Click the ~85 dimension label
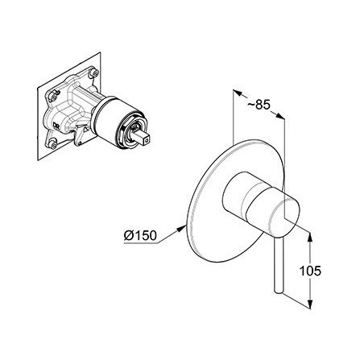259,105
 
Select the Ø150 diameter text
140,236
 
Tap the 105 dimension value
310,271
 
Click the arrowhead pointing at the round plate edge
181,229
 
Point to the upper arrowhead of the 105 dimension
310,238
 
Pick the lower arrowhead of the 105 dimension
310,304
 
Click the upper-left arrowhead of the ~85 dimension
238,93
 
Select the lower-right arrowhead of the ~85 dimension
279,116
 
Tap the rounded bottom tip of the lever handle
278,291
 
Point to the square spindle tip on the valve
144,137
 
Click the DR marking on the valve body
56,126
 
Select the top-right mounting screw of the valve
94,72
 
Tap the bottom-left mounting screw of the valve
54,144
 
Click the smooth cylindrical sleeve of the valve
106,118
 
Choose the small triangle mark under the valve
86,129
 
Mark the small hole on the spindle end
147,139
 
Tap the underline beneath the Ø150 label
141,243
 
